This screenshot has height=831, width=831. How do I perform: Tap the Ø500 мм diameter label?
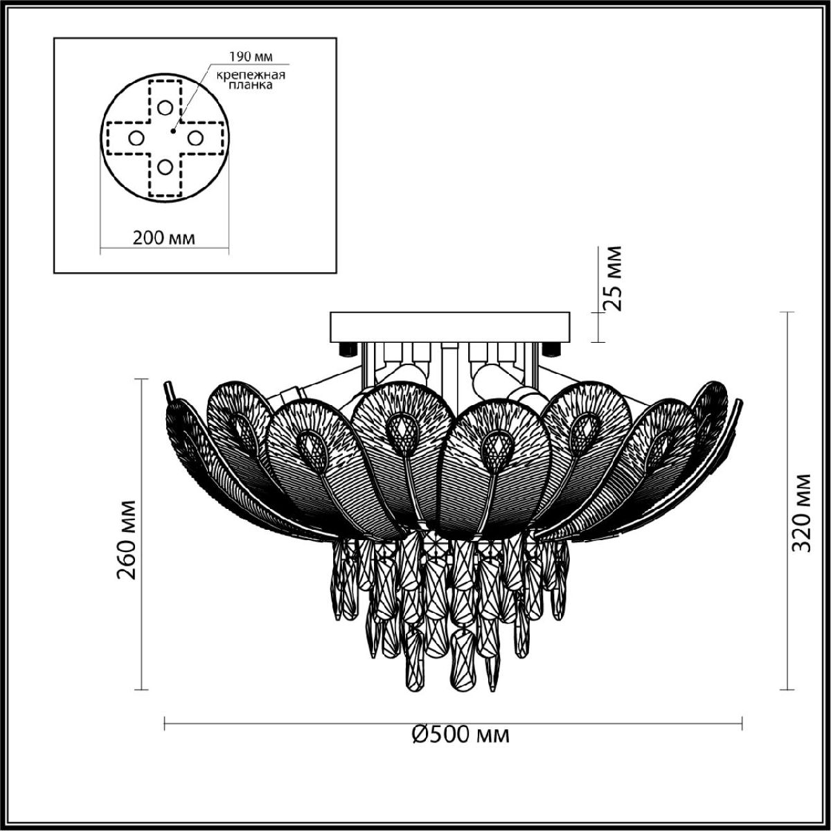460,733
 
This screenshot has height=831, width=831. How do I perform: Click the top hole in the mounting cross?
164,107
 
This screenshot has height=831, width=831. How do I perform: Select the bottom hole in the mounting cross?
164,167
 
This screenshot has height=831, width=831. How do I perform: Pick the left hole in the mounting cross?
135,138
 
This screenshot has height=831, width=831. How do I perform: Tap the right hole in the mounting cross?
195,138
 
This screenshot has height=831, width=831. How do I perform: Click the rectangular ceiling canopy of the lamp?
450,325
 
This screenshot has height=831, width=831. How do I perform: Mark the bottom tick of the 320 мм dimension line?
786,690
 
